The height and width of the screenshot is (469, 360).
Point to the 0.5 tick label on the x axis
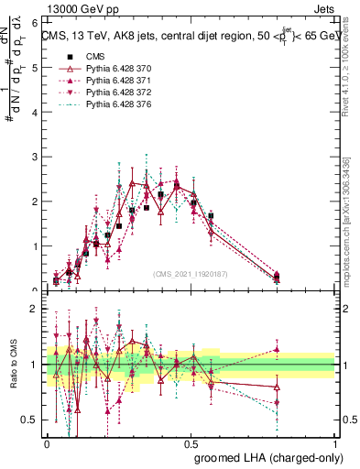[191, 442]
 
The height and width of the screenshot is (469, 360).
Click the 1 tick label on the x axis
[334, 442]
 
